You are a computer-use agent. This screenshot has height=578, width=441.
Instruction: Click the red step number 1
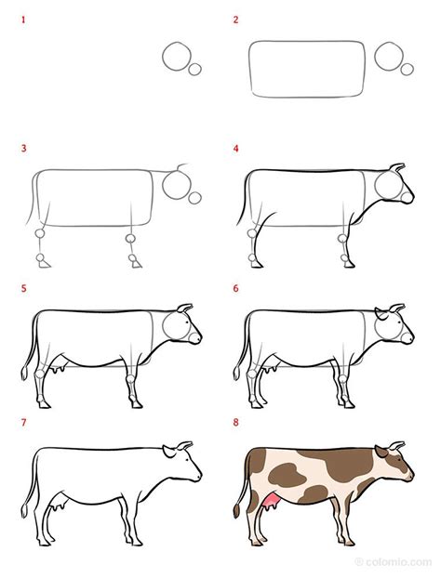point(24,20)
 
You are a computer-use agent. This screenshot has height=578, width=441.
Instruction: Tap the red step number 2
point(236,20)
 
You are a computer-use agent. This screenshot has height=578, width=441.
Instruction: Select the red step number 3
point(24,149)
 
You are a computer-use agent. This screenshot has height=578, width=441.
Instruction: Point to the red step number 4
point(236,149)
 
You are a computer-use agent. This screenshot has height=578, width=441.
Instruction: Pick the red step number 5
point(24,289)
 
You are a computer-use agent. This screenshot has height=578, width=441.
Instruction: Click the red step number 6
point(236,289)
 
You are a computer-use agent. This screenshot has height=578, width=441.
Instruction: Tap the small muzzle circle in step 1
point(195,69)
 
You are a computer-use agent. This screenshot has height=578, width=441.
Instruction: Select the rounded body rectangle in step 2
point(306,69)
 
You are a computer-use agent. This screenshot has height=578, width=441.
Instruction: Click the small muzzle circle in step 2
point(408,68)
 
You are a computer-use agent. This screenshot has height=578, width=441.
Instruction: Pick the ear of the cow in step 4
point(397,169)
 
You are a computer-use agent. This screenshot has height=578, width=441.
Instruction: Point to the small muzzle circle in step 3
point(195,197)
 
